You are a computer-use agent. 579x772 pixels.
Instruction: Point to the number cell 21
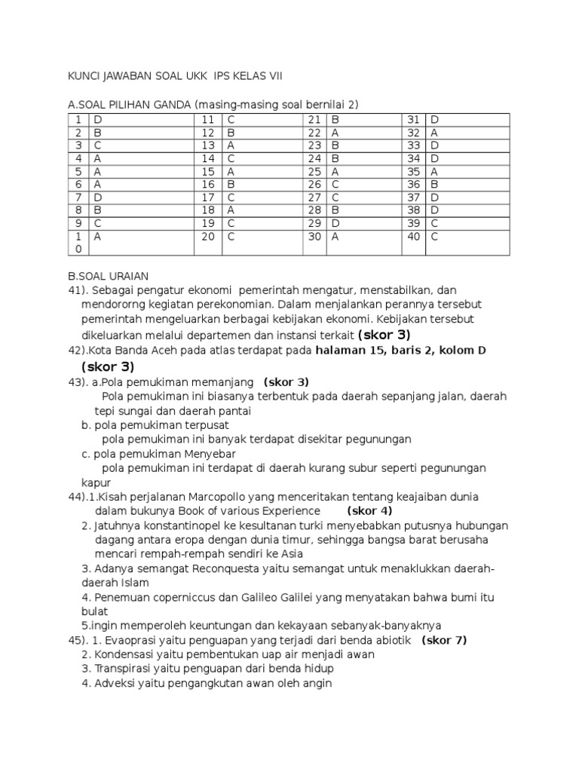click(315, 120)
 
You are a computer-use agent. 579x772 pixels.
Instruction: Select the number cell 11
click(208, 120)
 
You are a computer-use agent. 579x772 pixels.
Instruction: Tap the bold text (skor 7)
click(444, 640)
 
